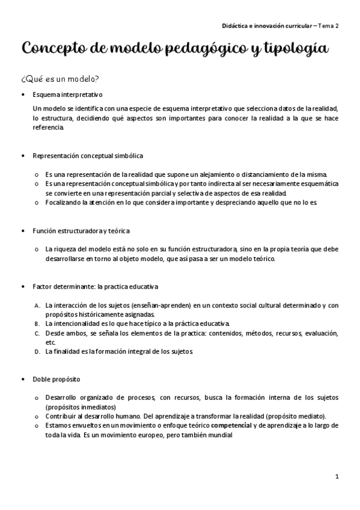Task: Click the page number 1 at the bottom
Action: coord(337,476)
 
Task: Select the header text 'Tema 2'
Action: coord(329,26)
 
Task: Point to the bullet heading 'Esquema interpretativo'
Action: coord(68,94)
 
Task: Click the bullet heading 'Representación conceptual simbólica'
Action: coord(88,156)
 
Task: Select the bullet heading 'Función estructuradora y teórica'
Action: coord(81,231)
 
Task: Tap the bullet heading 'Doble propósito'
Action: coord(56,379)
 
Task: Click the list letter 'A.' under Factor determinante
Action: coord(37,306)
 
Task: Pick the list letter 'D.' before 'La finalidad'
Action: coord(37,351)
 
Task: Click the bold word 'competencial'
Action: coord(231,425)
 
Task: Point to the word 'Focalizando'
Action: coord(63,203)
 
